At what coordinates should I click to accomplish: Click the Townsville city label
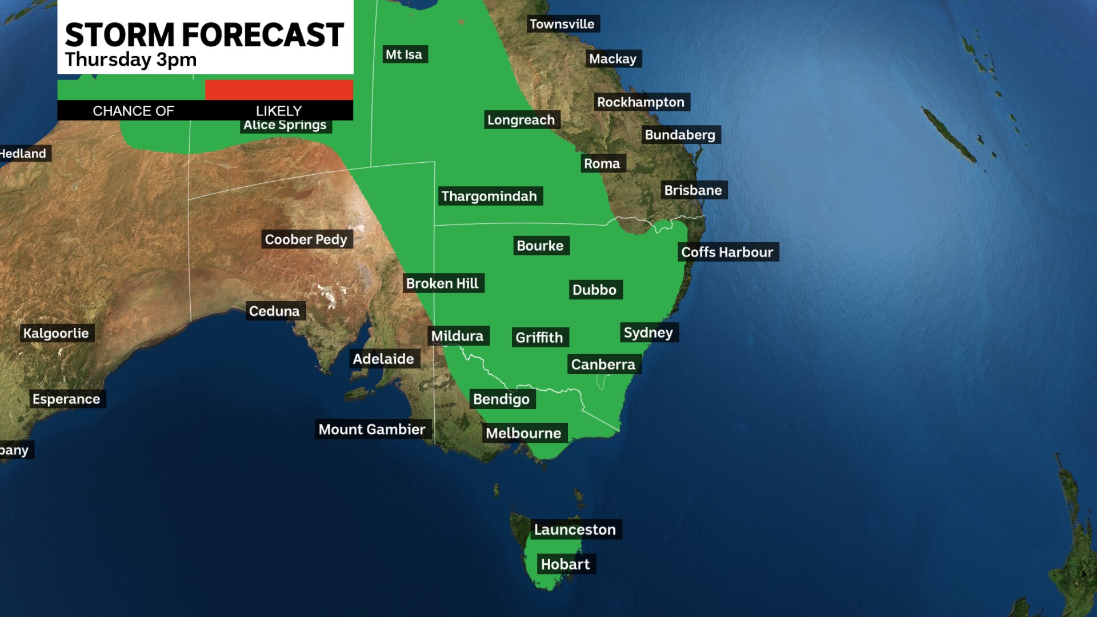562,24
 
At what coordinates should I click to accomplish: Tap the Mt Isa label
404,54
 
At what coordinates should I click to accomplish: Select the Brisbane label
692,190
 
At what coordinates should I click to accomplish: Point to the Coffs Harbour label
727,252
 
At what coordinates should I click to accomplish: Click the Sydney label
648,332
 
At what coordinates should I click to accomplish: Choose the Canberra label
603,364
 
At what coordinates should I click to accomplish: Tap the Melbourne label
523,433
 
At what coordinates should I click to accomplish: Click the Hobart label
565,564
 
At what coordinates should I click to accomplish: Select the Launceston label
575,530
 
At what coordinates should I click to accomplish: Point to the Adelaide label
383,359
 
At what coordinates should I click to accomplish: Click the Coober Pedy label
306,239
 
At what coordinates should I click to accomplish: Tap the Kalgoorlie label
56,333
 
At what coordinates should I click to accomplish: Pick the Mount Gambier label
371,429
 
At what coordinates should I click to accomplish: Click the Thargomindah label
489,196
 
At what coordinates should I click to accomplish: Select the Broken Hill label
442,283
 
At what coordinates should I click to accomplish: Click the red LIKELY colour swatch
279,90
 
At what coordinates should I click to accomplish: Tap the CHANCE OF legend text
133,111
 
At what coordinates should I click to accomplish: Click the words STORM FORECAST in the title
204,35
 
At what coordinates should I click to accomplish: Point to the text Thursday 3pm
131,59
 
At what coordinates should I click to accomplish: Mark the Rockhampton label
640,102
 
